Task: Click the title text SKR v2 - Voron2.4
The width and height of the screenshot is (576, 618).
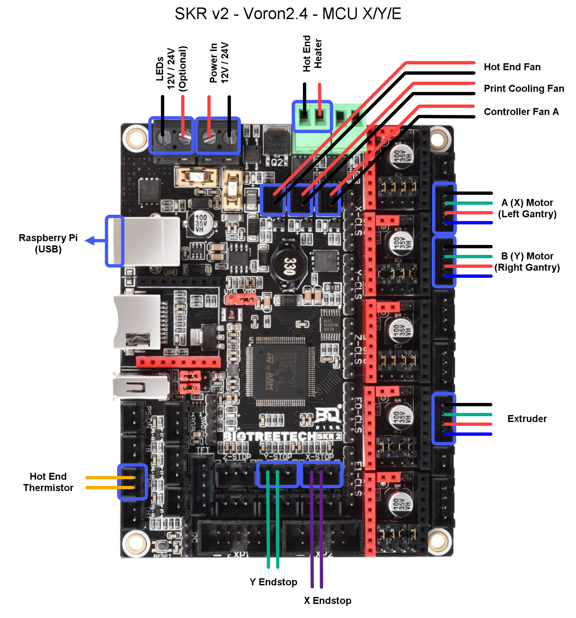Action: tap(288, 14)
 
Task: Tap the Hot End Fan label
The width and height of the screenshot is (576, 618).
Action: tap(512, 67)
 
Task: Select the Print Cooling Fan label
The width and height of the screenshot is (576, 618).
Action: tap(524, 89)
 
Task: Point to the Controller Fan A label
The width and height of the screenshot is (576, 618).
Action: tap(521, 112)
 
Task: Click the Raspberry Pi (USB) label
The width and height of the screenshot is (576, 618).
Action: tap(48, 243)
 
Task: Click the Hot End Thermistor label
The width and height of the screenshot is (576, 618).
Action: tap(48, 482)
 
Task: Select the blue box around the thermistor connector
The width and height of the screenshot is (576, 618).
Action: tap(132, 482)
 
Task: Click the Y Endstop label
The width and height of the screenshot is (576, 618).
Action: tap(273, 582)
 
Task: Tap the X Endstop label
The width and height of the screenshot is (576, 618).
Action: tap(327, 600)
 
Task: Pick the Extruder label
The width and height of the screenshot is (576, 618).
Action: tap(527, 419)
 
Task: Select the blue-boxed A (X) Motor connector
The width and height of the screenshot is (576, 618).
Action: tap(444, 208)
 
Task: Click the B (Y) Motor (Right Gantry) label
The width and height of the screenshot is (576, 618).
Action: tap(527, 262)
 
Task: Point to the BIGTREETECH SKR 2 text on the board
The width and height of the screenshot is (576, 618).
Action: tap(282, 436)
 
